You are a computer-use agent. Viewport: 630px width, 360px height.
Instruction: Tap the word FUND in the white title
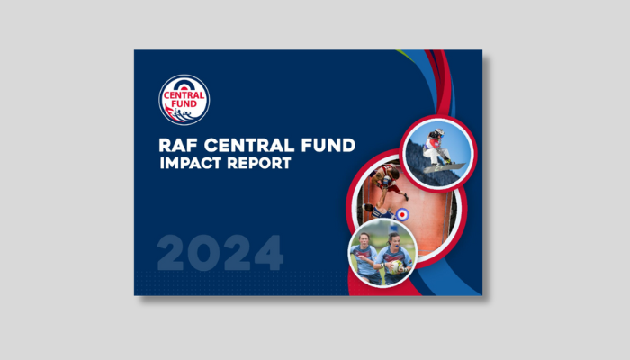click(x=328, y=145)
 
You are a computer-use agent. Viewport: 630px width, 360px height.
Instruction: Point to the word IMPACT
click(x=191, y=163)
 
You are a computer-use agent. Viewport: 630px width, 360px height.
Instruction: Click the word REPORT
click(x=259, y=163)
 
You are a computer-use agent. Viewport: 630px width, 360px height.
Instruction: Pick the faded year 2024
click(x=220, y=253)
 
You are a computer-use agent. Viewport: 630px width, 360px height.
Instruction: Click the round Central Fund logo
click(x=184, y=100)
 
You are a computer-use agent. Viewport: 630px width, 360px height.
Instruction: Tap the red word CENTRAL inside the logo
click(x=184, y=95)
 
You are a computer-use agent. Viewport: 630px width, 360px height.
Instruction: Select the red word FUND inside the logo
click(x=184, y=103)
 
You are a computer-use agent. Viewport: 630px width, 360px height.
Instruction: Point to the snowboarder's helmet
click(x=439, y=132)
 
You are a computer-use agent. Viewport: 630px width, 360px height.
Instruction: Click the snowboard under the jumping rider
click(x=445, y=167)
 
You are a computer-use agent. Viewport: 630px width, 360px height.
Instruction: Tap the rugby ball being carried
click(x=396, y=266)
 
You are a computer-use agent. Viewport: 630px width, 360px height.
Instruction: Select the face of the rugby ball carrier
click(x=393, y=241)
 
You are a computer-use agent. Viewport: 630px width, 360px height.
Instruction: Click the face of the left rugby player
click(x=364, y=240)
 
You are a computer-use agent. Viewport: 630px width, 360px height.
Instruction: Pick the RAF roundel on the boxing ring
click(x=402, y=214)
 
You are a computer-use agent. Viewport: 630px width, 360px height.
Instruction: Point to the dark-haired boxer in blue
click(x=378, y=211)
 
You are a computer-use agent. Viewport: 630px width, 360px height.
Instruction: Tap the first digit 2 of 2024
click(x=170, y=253)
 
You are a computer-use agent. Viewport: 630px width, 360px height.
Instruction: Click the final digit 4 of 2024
click(x=269, y=253)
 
